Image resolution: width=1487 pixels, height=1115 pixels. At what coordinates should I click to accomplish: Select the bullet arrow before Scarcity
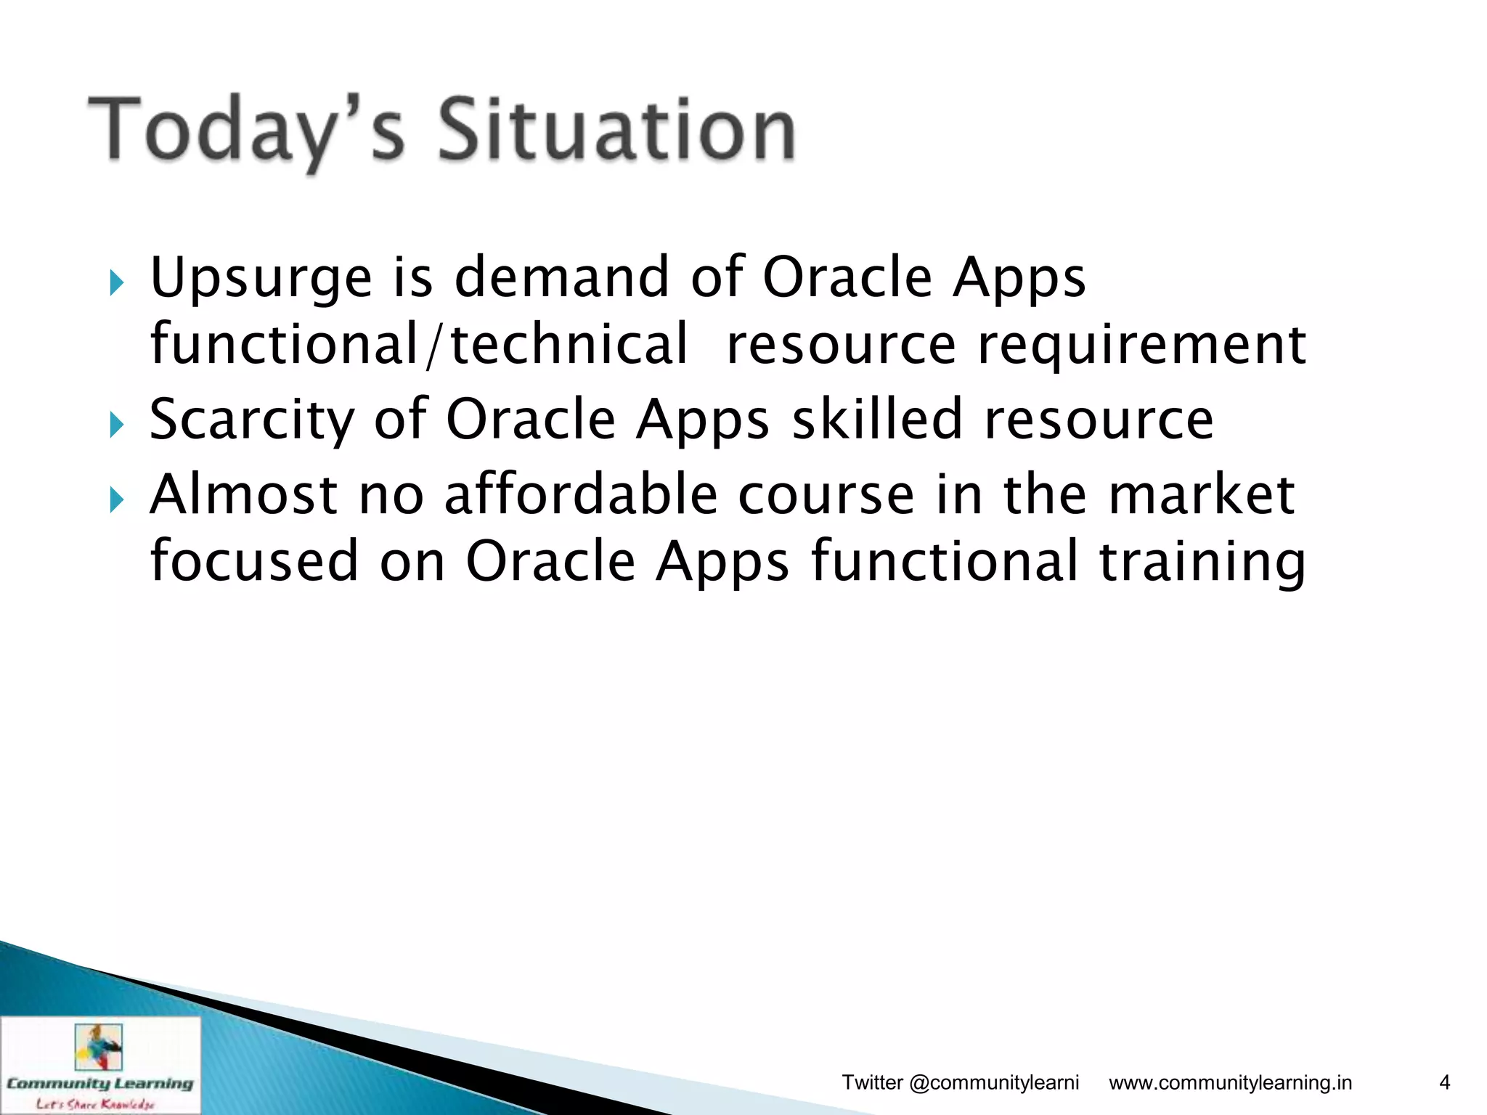[x=116, y=424]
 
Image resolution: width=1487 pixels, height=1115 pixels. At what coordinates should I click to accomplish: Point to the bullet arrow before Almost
[x=116, y=499]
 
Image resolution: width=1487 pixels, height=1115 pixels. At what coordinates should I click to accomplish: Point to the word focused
[x=254, y=561]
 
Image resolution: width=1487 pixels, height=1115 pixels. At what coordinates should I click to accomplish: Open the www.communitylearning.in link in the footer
[x=1230, y=1083]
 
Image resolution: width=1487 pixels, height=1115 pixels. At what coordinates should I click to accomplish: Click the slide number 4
[x=1444, y=1083]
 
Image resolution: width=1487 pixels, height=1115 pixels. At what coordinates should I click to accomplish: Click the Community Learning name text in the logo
[x=99, y=1083]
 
